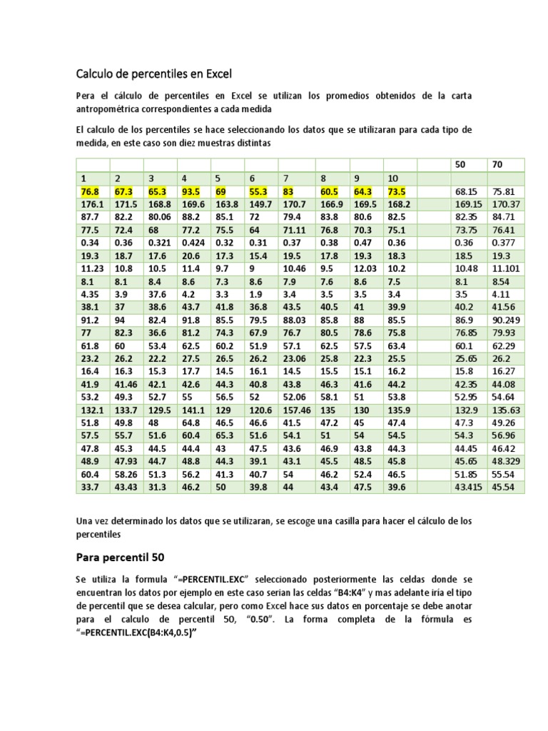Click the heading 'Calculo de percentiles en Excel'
[154, 73]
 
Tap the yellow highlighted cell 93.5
[191, 191]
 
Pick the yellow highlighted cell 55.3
[258, 191]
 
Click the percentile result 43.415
[468, 487]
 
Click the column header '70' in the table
[497, 165]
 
